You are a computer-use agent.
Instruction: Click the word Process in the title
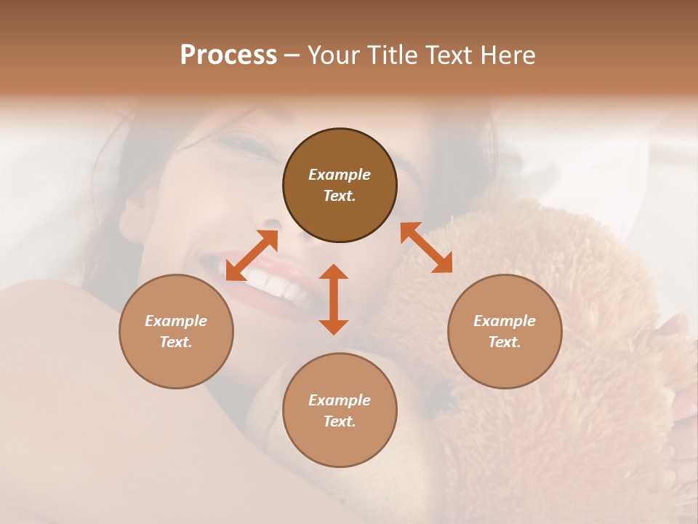tap(228, 55)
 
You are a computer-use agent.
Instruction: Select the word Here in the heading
tap(508, 55)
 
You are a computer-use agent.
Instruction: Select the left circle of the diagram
tap(176, 331)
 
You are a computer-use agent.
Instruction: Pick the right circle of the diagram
tap(505, 331)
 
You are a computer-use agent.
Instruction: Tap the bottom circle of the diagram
tap(340, 410)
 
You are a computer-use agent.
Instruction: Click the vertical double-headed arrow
tap(334, 299)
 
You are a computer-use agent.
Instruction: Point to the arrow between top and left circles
tap(252, 255)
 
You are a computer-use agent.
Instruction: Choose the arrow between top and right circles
tap(426, 247)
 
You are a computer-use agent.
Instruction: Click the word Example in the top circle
tap(340, 175)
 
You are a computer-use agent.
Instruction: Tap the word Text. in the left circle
tap(176, 342)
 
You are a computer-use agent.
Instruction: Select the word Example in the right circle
tap(505, 321)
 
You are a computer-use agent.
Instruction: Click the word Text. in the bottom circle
tap(340, 421)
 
